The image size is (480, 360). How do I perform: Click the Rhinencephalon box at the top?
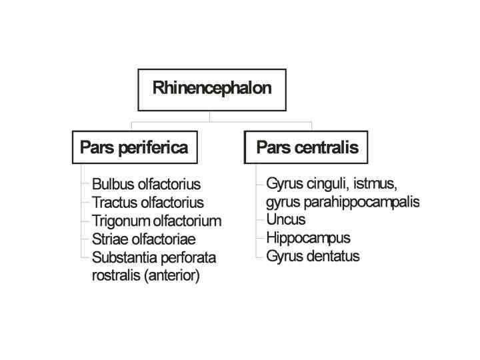coord(211,89)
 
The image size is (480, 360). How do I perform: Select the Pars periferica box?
coord(133,147)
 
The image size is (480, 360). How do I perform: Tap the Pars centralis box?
coord(307,147)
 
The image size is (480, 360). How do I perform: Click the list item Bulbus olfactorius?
coord(146,185)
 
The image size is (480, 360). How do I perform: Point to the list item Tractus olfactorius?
coord(147,203)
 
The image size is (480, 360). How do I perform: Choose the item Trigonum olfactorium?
coord(156,221)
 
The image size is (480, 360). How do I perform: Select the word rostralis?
coord(114,275)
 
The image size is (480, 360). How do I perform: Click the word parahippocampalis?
coord(359,201)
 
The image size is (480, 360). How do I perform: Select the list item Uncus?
coord(285,219)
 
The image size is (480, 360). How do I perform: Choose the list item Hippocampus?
coord(308,237)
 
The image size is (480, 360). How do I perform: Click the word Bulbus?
coord(110,185)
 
